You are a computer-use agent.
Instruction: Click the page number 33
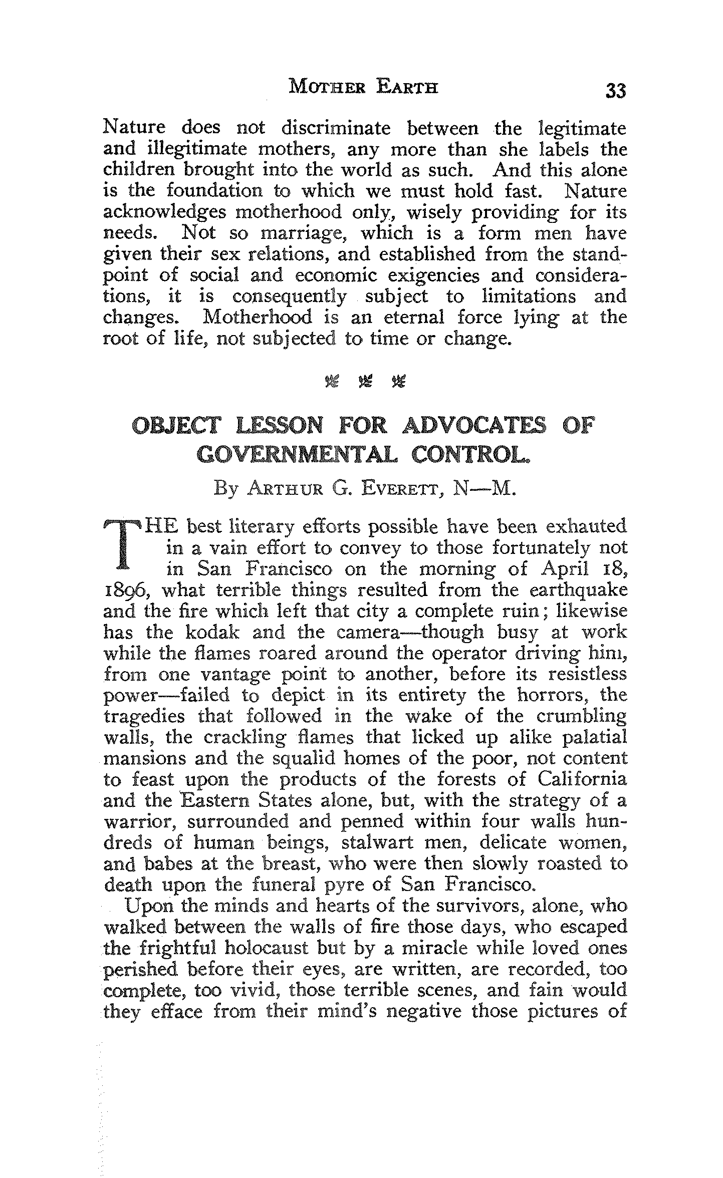coord(615,91)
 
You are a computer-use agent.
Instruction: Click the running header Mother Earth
coord(364,88)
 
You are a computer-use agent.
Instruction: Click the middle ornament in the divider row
coord(364,383)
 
